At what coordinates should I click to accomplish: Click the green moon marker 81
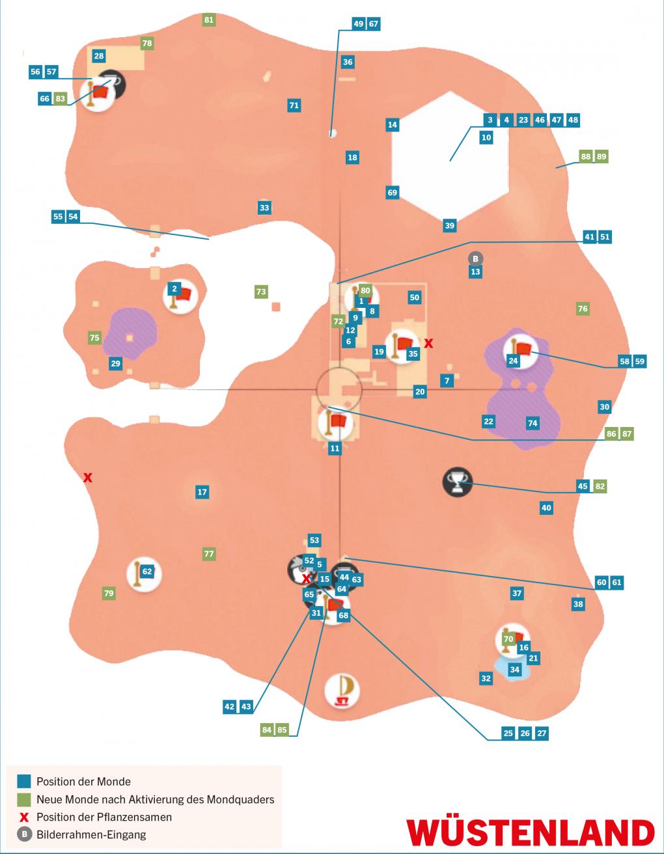(208, 20)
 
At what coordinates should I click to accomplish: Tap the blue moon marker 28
(98, 56)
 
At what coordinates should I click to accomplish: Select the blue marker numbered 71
(294, 105)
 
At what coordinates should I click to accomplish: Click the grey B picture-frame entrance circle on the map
(475, 258)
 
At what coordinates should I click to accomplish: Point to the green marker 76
(583, 309)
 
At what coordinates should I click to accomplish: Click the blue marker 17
(202, 491)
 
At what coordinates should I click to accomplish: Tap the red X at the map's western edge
(88, 478)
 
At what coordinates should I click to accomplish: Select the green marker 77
(208, 554)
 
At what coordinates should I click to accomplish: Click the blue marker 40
(546, 508)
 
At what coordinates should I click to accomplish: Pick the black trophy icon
(458, 482)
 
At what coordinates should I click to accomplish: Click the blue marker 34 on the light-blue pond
(514, 669)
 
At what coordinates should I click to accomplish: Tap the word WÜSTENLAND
(531, 832)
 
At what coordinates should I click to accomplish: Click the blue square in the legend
(24, 781)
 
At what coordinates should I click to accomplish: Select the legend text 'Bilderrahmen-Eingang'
(91, 834)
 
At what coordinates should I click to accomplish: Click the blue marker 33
(264, 208)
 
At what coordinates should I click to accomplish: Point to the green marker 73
(261, 292)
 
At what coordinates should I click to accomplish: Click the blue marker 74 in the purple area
(533, 423)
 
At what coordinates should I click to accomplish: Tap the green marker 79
(109, 593)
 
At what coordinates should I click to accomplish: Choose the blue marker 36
(348, 62)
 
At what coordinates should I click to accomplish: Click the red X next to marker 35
(428, 344)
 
